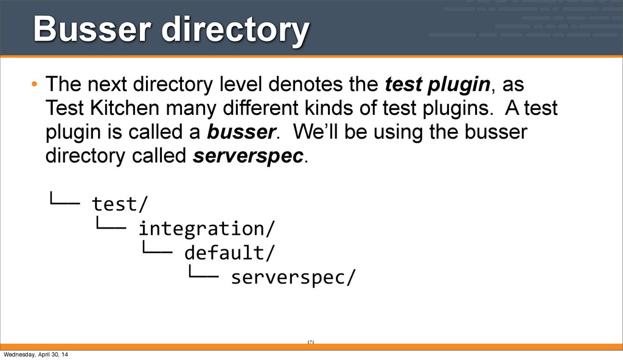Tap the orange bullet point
click(x=35, y=83)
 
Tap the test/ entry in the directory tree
click(x=120, y=202)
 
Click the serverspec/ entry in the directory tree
click(x=291, y=277)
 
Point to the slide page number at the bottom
click(x=310, y=343)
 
